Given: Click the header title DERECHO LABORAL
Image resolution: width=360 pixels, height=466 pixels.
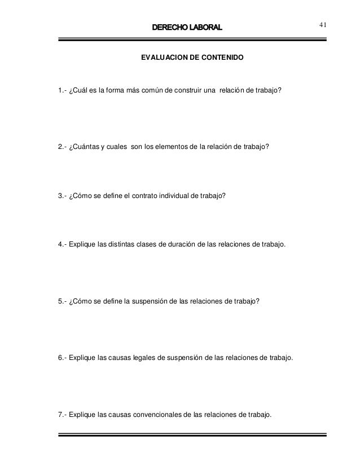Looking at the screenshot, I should point(187,27).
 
